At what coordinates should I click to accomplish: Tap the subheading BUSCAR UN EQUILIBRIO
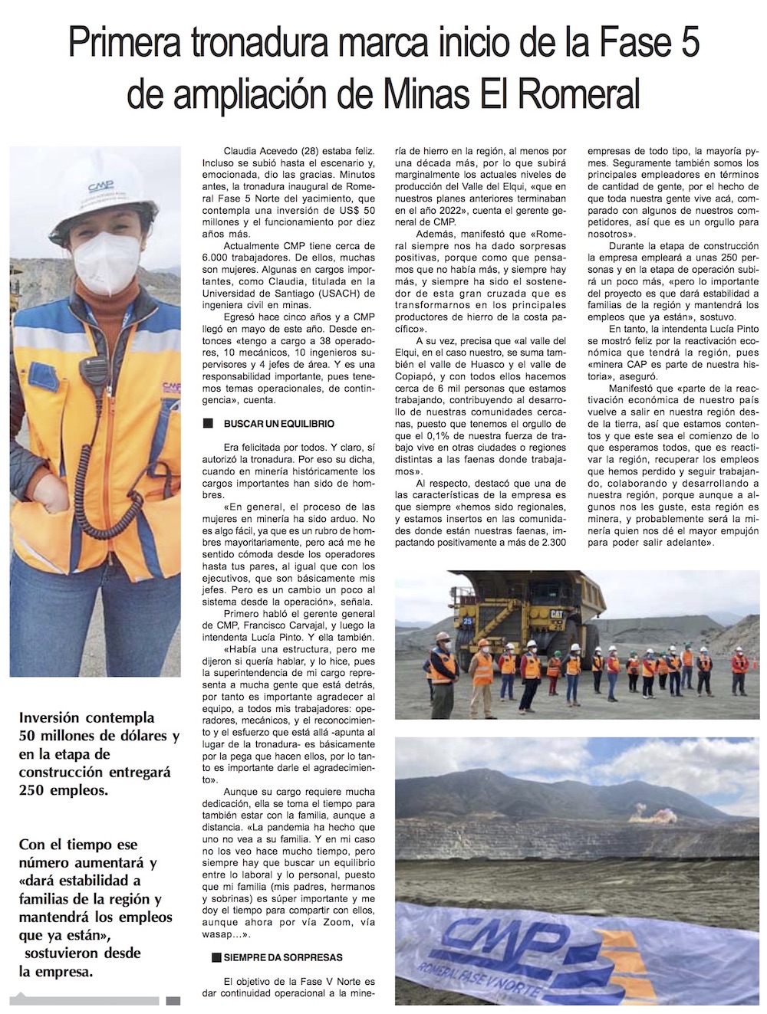278,424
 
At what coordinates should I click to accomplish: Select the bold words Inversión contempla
86,718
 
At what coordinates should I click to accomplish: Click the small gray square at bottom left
173,1000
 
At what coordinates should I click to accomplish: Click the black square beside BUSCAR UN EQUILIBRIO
207,424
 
